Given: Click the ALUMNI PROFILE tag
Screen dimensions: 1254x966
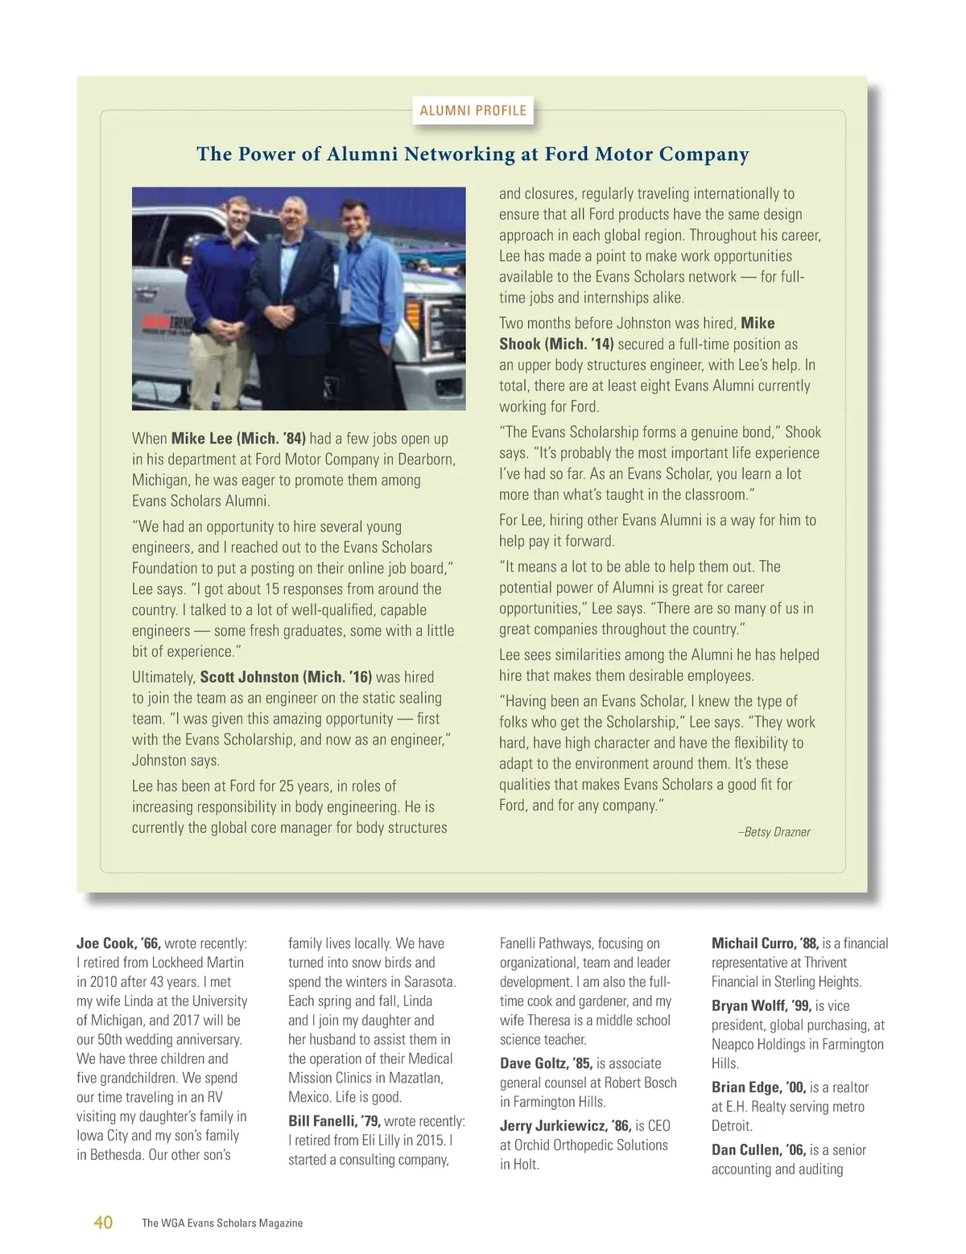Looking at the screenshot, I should [473, 111].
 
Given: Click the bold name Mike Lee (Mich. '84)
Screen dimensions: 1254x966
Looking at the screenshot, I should [238, 439].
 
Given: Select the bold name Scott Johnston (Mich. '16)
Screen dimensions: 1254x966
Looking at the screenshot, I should [286, 677].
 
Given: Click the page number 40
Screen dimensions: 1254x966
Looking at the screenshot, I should [103, 1223].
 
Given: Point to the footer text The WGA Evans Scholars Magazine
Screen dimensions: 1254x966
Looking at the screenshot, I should [222, 1223].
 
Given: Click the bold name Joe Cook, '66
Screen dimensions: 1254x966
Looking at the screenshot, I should [119, 943].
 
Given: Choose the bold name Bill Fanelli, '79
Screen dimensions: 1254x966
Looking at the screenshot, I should [335, 1121].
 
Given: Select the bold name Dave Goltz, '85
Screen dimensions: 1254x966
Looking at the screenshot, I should [546, 1063].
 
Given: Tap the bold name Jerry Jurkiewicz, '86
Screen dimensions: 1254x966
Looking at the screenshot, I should [565, 1126].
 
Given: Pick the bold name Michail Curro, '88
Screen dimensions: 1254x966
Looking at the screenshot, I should [765, 943].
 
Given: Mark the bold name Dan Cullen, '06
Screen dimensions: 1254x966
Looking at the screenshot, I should [758, 1150].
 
